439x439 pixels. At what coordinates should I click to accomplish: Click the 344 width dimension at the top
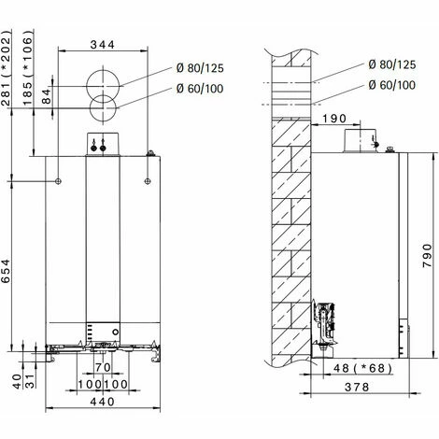coord(103,44)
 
